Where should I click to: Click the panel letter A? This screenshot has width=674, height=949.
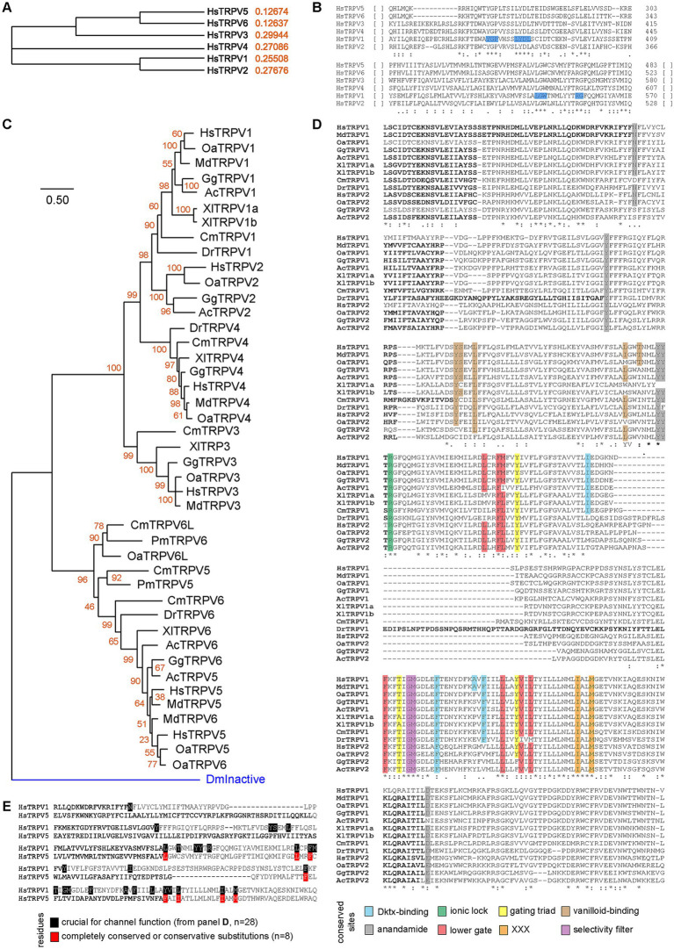tap(7, 8)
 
